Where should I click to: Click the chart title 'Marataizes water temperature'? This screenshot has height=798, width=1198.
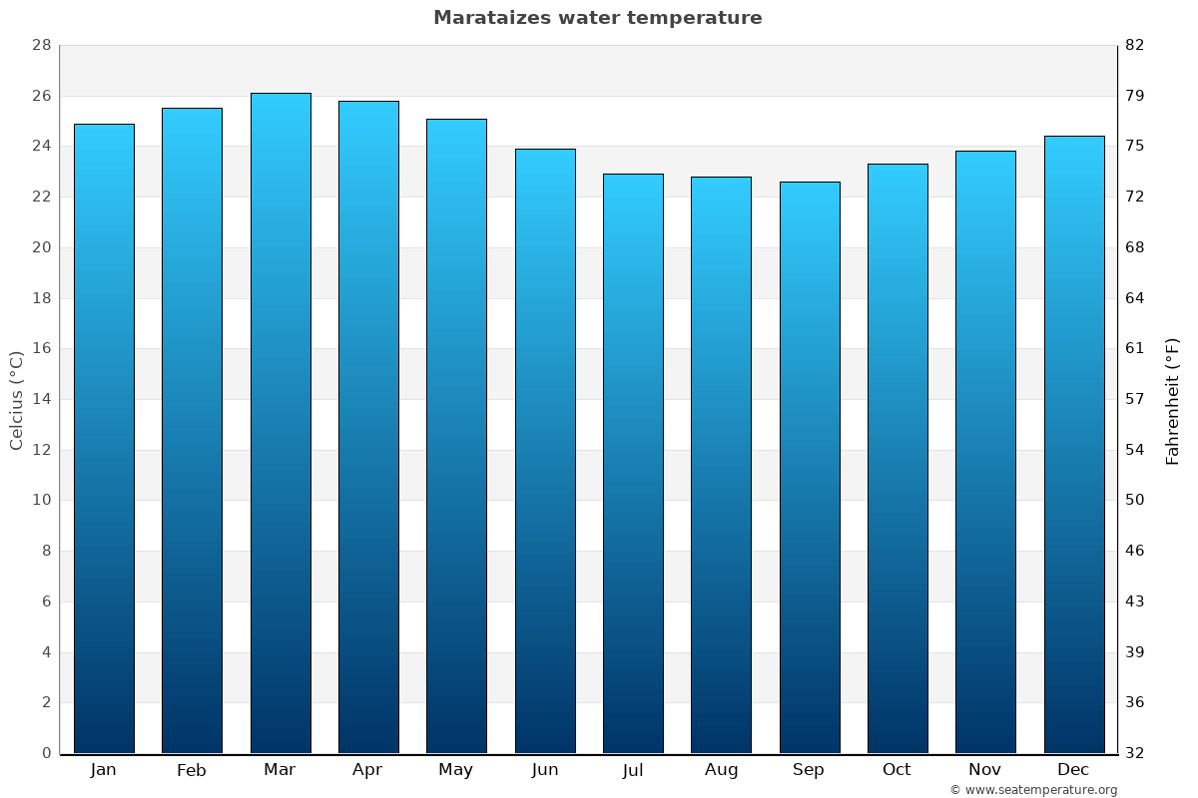(597, 18)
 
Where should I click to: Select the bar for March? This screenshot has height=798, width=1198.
(281, 423)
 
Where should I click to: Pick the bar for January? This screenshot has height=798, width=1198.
(104, 439)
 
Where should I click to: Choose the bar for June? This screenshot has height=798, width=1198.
(545, 451)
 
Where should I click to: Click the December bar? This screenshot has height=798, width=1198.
(1074, 445)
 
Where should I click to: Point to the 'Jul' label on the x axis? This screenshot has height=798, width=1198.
(633, 770)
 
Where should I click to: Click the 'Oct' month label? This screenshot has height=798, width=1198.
(897, 770)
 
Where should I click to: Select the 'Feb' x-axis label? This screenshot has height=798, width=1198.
(192, 770)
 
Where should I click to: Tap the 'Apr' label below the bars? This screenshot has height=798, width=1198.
(367, 770)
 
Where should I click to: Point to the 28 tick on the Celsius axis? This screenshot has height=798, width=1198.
(41, 45)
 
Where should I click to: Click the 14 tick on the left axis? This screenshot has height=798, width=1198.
(41, 399)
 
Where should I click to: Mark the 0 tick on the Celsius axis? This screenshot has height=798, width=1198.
(46, 753)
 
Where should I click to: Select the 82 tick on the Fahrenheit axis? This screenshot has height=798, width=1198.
(1135, 45)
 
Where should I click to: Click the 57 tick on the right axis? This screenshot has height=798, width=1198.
(1135, 399)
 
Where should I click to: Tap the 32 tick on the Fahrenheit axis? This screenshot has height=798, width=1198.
(1135, 753)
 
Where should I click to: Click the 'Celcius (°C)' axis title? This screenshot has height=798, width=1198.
(16, 399)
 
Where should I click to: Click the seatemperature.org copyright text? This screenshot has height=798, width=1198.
(1033, 790)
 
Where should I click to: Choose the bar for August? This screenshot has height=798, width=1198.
(721, 465)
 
